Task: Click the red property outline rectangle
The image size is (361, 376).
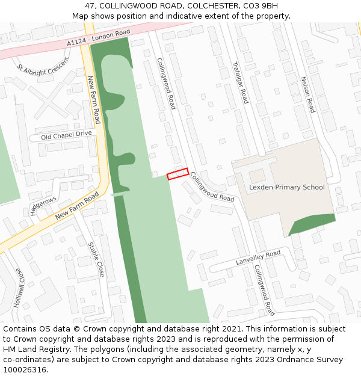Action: [177, 174]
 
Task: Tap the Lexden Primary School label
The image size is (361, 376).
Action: [286, 187]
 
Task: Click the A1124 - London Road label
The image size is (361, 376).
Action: [99, 37]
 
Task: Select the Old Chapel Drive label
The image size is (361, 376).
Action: [66, 135]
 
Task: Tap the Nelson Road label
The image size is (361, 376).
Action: [307, 94]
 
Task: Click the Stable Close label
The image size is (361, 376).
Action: [96, 259]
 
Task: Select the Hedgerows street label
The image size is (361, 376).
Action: [43, 205]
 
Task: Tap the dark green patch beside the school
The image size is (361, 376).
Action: [310, 224]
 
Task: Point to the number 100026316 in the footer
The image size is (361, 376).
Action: [25, 369]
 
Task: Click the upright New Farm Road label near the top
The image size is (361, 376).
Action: [94, 100]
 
